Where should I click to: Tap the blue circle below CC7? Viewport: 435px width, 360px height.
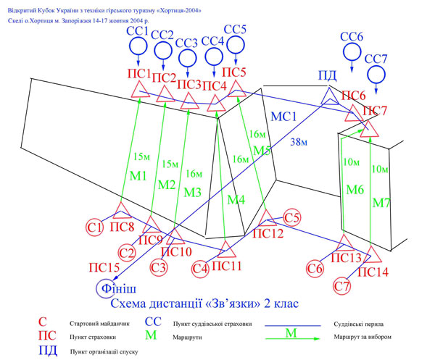(x=376, y=75)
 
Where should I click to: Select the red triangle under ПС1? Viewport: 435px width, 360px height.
(x=140, y=90)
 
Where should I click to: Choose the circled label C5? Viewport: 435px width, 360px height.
(x=292, y=217)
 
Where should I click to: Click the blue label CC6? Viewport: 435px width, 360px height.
(x=352, y=36)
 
